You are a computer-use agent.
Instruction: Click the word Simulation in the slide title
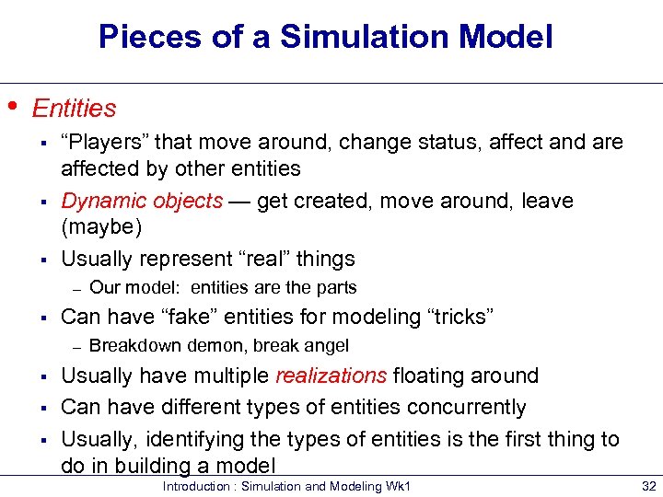coord(351,38)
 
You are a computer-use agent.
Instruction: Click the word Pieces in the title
coord(146,38)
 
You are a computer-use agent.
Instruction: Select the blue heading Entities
coord(74,109)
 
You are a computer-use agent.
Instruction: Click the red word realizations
coord(331,376)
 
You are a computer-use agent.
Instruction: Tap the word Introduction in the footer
coord(195,486)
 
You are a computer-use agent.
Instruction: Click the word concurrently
coord(471,407)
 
